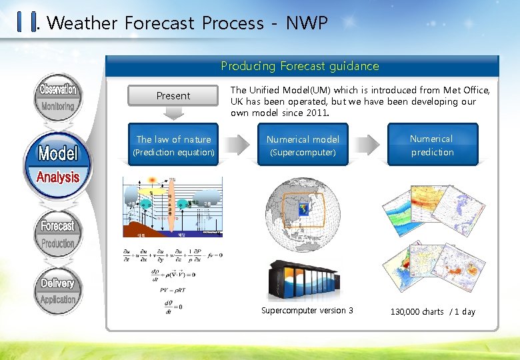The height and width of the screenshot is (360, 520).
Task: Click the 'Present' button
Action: [173, 96]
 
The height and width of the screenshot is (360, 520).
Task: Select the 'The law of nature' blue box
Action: [173, 145]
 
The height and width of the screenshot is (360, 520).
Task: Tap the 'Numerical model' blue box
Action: [303, 145]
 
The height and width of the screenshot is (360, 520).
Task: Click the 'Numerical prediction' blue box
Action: [431, 145]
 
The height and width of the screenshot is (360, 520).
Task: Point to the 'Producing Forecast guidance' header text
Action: [300, 66]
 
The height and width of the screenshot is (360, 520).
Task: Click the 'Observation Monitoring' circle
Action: [58, 97]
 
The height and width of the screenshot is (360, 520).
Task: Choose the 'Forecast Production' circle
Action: [58, 234]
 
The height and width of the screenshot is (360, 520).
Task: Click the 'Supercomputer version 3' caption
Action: [307, 311]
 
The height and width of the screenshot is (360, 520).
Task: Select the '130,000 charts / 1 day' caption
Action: [433, 312]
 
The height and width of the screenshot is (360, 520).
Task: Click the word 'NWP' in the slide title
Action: [307, 23]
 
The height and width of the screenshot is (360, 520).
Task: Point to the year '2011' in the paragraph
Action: [315, 113]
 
